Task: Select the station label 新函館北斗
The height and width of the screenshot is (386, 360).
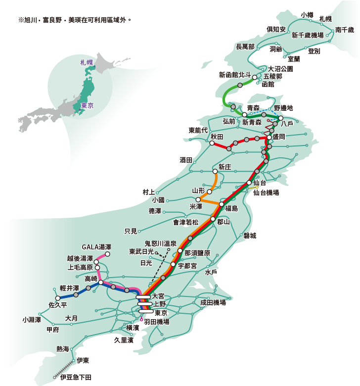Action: click(x=235, y=75)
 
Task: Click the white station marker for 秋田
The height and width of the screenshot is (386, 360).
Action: click(x=212, y=144)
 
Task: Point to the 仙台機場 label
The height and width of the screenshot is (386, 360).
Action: click(x=266, y=193)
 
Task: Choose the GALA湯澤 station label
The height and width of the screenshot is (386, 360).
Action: click(x=96, y=247)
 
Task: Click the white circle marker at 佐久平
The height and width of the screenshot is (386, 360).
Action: click(x=58, y=298)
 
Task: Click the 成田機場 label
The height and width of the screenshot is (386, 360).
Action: click(x=213, y=302)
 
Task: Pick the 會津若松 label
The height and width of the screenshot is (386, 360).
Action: click(x=185, y=222)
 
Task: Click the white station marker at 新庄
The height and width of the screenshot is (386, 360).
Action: click(x=215, y=172)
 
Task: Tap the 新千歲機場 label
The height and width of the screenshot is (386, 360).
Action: click(x=308, y=35)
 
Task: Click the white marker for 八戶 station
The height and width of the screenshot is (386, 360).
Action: click(x=280, y=118)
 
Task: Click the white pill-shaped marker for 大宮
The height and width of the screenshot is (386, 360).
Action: click(x=144, y=297)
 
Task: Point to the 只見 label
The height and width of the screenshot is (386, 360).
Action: click(x=131, y=231)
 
